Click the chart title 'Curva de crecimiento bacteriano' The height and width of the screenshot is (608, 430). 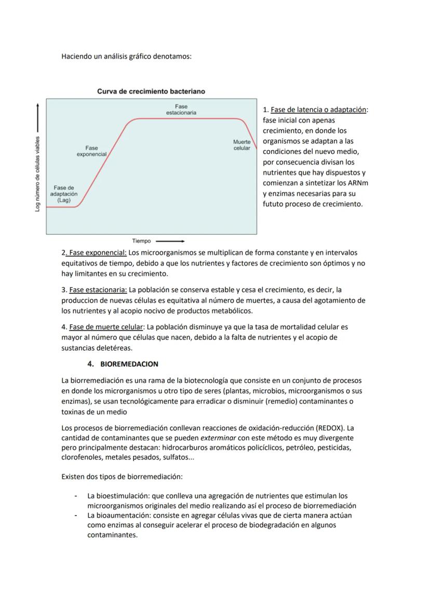point(151,91)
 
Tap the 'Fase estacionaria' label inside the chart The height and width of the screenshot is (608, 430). point(181,109)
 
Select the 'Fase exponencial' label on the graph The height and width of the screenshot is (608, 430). point(92,151)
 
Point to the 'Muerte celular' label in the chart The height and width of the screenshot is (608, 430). point(242,145)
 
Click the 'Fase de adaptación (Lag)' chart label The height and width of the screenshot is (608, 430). point(64,194)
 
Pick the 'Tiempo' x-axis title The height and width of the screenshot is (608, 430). point(141,241)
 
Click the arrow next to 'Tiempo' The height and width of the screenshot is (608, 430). point(170,241)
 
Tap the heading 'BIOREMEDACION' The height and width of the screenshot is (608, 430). point(129,364)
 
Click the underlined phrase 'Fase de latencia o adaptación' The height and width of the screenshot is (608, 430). point(318,110)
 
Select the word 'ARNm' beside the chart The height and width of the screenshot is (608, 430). point(359,183)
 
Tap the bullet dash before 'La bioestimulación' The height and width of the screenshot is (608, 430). point(76,496)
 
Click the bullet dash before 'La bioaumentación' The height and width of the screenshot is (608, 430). point(76,516)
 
